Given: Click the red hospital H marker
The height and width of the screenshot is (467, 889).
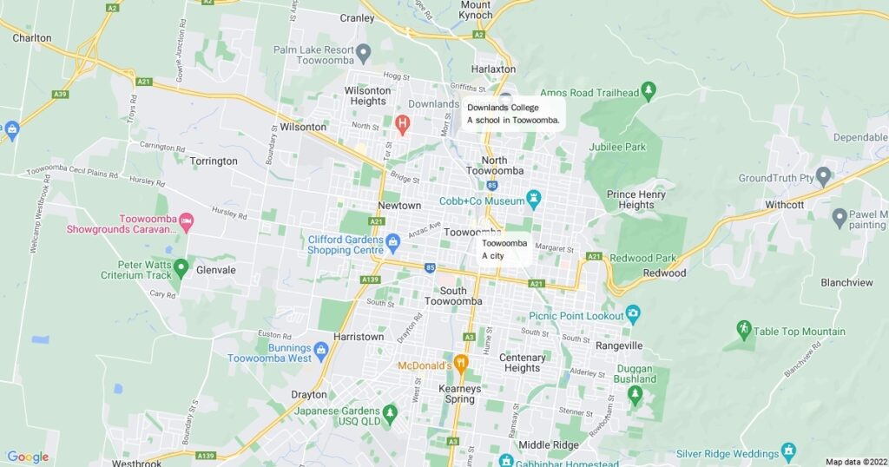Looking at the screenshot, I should (x=402, y=124).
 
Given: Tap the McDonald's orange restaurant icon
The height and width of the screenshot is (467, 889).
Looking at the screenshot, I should (x=461, y=363).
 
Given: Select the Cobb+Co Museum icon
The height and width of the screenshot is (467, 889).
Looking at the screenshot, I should (x=535, y=200).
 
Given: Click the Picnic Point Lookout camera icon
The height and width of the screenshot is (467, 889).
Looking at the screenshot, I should (x=633, y=312).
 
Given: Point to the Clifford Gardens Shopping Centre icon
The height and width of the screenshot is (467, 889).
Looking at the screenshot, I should (x=392, y=240).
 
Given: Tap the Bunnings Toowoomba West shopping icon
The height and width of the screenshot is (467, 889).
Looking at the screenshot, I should (x=321, y=350).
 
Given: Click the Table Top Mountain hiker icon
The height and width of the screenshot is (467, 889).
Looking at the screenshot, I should (x=743, y=329).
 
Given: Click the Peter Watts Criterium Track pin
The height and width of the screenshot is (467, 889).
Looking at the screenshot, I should (x=181, y=266).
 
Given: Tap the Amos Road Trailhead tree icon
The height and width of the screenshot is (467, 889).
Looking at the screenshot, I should (x=648, y=90).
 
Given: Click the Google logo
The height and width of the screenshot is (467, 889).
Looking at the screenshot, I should (x=28, y=457).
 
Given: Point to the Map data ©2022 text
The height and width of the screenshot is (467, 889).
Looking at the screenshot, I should (x=856, y=462).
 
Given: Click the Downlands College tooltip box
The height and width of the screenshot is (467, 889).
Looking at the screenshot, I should (x=513, y=114).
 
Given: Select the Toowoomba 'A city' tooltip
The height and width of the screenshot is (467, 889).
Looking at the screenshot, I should (x=504, y=249).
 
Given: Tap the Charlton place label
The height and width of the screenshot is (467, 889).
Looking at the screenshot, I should (x=32, y=38).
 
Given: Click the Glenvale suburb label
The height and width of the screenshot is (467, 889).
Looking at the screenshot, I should (x=216, y=270).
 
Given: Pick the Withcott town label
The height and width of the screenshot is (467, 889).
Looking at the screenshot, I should (x=785, y=205).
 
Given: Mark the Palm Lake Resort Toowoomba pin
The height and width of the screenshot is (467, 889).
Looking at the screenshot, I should (x=365, y=52).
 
